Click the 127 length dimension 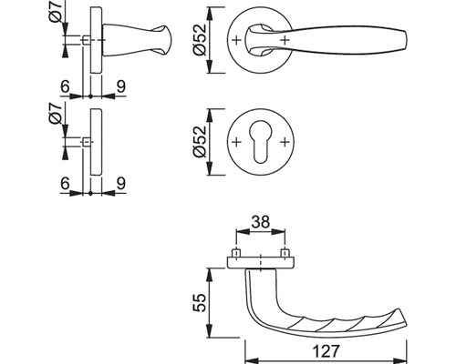pos(326,351)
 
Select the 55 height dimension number pos(200,302)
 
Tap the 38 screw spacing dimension pos(261,222)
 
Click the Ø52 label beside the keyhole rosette pos(200,142)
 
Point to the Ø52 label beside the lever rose pos(200,40)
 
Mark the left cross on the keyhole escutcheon pos(236,142)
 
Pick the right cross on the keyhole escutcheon pos(285,142)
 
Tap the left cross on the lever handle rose pos(236,40)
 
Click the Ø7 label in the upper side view pos(56,12)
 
